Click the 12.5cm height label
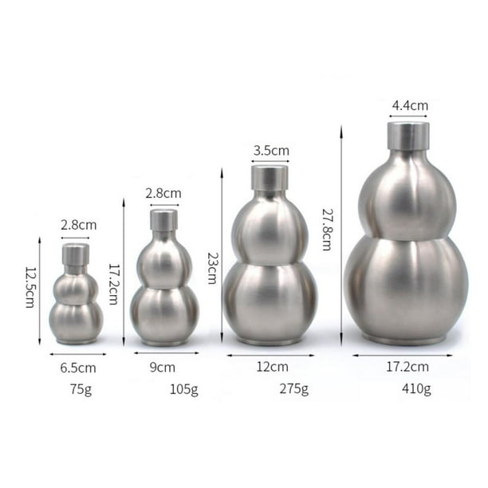point(30,287)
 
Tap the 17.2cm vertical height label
point(113,284)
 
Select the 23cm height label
point(213,268)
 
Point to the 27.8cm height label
point(326,230)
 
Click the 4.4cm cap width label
point(410,105)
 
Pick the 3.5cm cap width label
point(271,151)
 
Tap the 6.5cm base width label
point(78,368)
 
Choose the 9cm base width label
point(163,368)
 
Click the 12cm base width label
point(273,367)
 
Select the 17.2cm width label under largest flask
point(407,367)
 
